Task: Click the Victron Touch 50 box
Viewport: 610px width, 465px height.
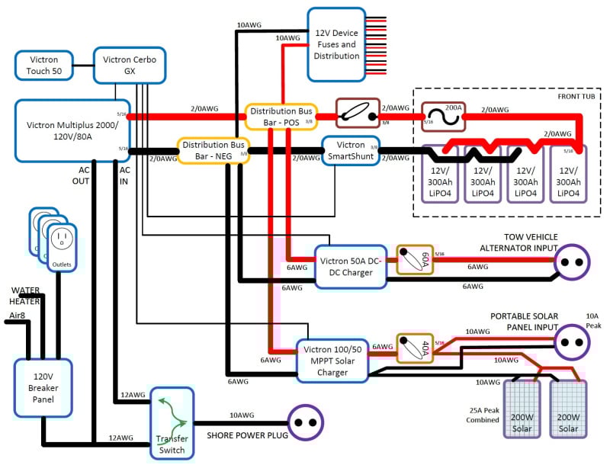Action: [43, 66]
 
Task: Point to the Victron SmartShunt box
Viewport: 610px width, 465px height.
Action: [351, 149]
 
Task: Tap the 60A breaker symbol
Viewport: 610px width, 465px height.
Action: [415, 260]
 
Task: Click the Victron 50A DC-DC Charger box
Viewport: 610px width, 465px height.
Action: [352, 267]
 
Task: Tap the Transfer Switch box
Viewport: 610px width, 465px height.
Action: [172, 423]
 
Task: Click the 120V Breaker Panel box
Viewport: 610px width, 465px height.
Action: [43, 386]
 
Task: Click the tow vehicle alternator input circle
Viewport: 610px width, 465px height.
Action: [572, 263]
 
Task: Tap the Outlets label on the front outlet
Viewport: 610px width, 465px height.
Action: [63, 265]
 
